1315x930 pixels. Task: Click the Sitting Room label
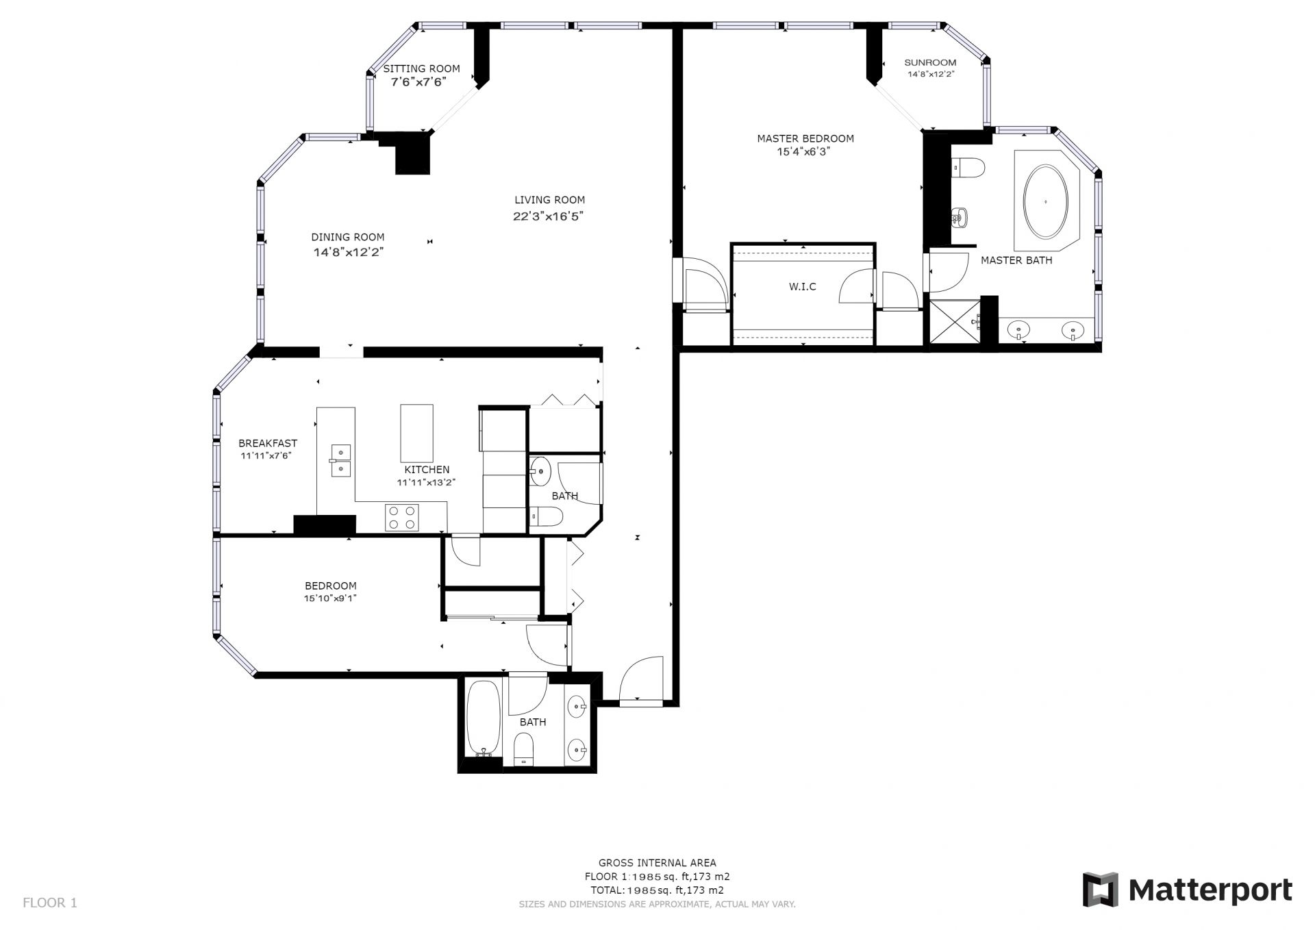[x=421, y=68]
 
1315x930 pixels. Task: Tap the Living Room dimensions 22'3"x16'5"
[x=549, y=216]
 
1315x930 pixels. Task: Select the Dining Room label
[x=348, y=237]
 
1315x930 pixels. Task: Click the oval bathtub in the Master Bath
[x=1045, y=201]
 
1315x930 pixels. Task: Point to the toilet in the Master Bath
[x=968, y=167]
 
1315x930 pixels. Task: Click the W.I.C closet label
[x=803, y=286]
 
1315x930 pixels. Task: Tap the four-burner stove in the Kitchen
[x=402, y=517]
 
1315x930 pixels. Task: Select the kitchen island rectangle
[x=416, y=433]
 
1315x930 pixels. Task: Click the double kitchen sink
[x=340, y=460]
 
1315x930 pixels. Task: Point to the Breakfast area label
[x=268, y=443]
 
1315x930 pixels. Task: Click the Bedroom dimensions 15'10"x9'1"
[x=331, y=598]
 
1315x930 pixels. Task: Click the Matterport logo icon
[x=1100, y=890]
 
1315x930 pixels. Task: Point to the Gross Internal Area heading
[x=657, y=863]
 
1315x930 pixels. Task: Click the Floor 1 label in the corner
[x=50, y=903]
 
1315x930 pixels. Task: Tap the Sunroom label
[x=930, y=62]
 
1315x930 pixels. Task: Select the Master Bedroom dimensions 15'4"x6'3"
[x=803, y=152]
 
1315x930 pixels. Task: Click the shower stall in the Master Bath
[x=954, y=323]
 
